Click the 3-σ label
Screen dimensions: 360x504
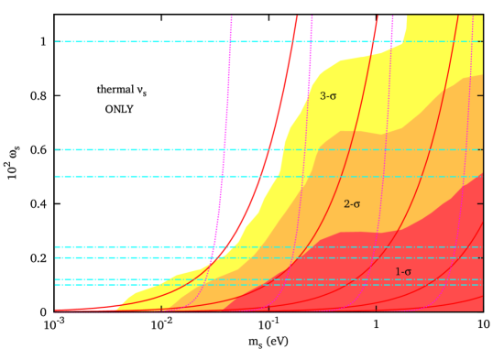tap(328, 96)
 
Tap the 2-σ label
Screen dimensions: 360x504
tap(352, 204)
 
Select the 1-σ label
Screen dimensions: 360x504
tap(403, 272)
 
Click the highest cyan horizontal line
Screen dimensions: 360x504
tap(137, 41)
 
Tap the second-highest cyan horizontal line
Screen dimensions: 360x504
tap(137, 149)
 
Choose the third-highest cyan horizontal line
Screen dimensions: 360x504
tap(137, 176)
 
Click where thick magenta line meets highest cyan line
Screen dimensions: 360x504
tap(230, 41)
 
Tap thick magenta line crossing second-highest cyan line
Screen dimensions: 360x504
tap(225, 149)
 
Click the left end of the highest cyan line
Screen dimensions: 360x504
tap(56, 41)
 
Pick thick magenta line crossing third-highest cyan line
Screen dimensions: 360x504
tap(223, 176)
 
